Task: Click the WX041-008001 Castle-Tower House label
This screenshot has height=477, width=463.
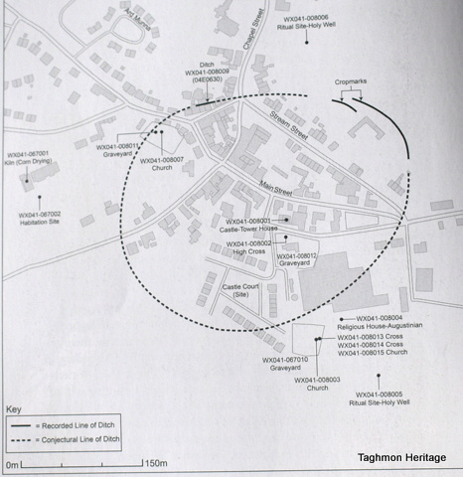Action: coord(252,224)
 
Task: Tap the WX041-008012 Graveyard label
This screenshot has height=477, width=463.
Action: coord(297,261)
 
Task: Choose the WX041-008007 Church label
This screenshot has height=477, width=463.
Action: coord(162,159)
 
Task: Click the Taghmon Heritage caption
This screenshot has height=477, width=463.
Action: coord(408,458)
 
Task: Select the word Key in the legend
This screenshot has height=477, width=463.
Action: coord(14,408)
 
